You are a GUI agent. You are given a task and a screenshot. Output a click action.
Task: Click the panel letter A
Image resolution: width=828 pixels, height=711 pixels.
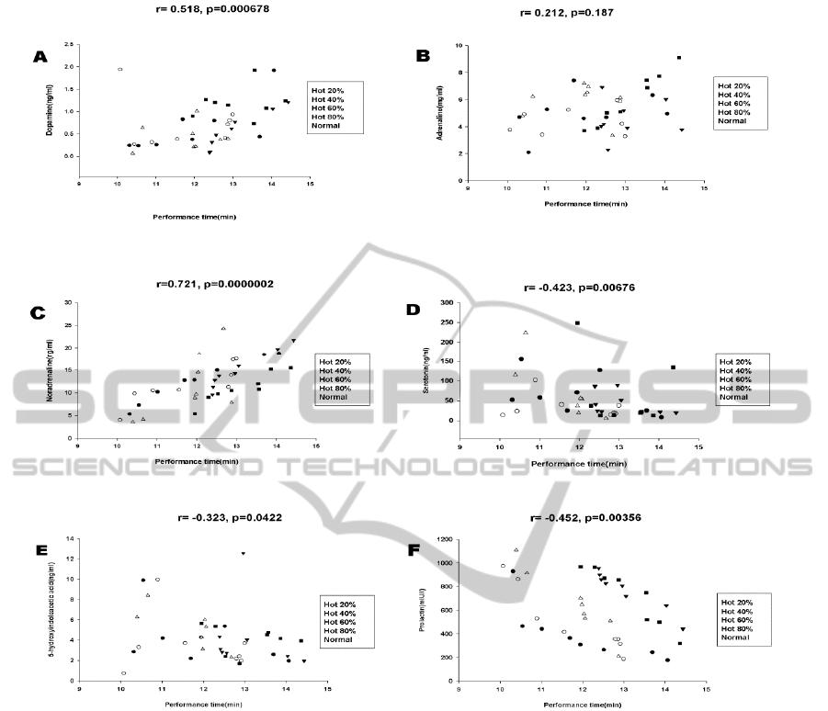[40, 58]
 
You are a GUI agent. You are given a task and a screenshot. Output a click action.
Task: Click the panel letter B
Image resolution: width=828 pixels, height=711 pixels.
[424, 56]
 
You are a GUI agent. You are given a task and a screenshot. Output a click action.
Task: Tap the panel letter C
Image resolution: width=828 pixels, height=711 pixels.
[40, 313]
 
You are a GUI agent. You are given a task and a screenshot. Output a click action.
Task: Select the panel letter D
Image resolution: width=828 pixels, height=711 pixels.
[414, 310]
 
